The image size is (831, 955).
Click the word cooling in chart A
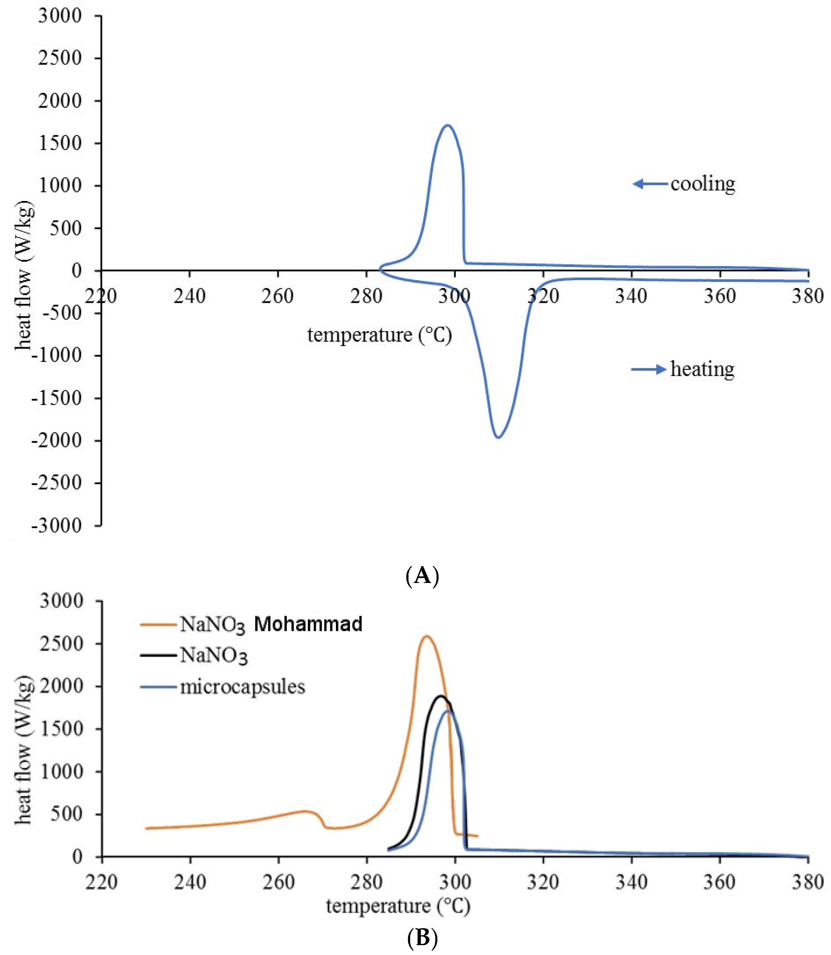(702, 184)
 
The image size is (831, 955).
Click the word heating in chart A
(702, 369)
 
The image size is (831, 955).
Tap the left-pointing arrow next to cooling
(650, 184)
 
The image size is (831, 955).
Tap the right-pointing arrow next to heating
(649, 369)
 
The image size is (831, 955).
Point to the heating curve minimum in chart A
(498, 437)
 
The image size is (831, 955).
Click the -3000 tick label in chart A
(56, 525)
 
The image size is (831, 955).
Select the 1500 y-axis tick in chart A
(60, 143)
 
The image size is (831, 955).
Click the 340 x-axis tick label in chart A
(631, 296)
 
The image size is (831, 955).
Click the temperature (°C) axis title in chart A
(379, 335)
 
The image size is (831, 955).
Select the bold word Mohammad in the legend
(308, 624)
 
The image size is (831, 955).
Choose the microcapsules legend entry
(242, 686)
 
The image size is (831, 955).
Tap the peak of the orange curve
(426, 636)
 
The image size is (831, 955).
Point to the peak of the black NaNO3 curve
(441, 696)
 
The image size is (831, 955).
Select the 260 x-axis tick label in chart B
(278, 882)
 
